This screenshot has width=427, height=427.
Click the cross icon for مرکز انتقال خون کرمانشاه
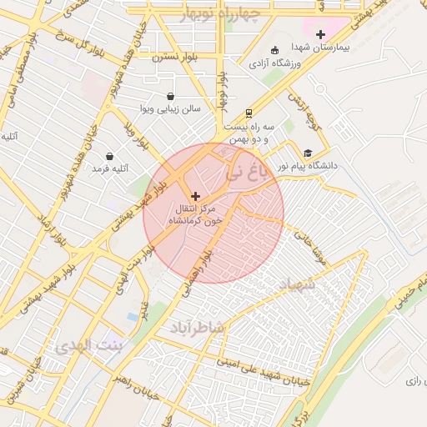pos(196,195)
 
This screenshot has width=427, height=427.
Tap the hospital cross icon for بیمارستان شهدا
pos(319,34)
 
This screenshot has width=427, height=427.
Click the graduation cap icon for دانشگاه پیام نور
pos(309,153)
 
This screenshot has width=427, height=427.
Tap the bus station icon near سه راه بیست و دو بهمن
pos(249,113)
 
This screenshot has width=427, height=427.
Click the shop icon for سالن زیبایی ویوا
pos(171,96)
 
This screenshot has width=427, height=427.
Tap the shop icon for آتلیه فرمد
pos(109,156)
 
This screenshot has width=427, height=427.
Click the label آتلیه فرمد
pos(108,169)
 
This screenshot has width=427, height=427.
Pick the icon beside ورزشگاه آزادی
pos(276,49)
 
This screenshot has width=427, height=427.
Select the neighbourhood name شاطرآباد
pos(198,328)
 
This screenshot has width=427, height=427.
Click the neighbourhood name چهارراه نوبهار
pos(224,13)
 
